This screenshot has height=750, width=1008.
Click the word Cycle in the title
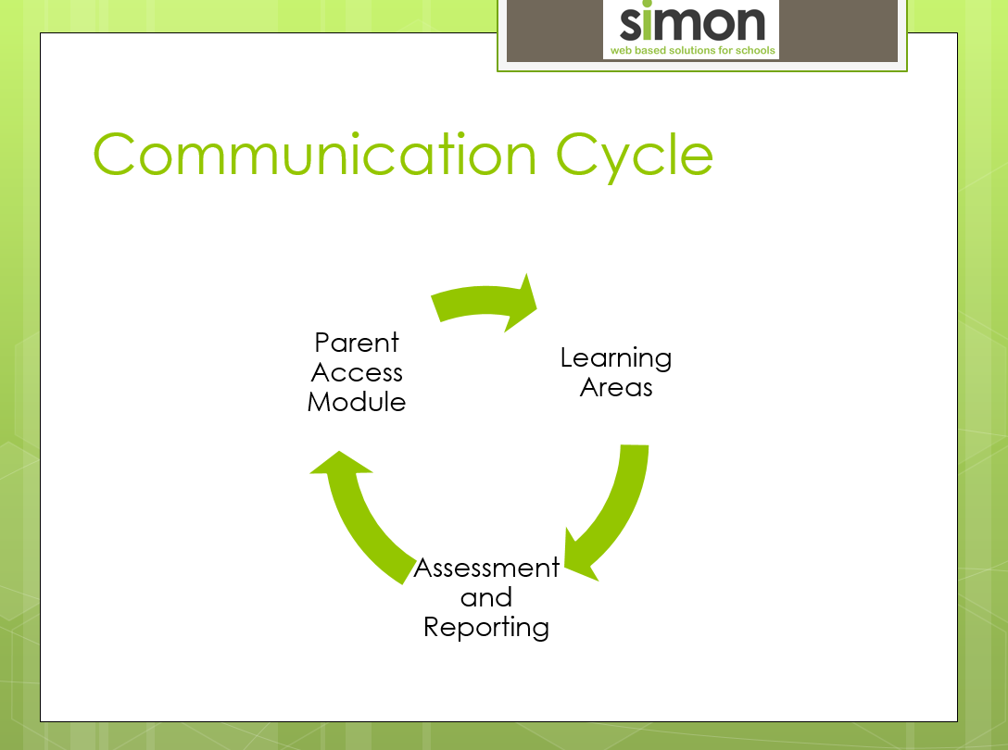[x=634, y=157]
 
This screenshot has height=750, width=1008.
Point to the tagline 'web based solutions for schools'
[x=692, y=50]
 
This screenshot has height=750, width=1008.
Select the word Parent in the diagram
[x=357, y=343]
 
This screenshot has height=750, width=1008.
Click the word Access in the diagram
[x=357, y=373]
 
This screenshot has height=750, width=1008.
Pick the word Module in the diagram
[x=357, y=402]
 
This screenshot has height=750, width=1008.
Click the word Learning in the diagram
[x=616, y=358]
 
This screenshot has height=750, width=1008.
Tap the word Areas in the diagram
[x=616, y=388]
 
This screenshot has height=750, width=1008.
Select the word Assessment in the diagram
[x=486, y=569]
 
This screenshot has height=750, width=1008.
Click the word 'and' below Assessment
[x=486, y=598]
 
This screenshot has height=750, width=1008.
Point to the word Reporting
[x=486, y=628]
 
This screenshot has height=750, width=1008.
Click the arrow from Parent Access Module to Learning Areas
[x=485, y=299]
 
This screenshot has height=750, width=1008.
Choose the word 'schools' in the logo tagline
[x=755, y=50]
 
